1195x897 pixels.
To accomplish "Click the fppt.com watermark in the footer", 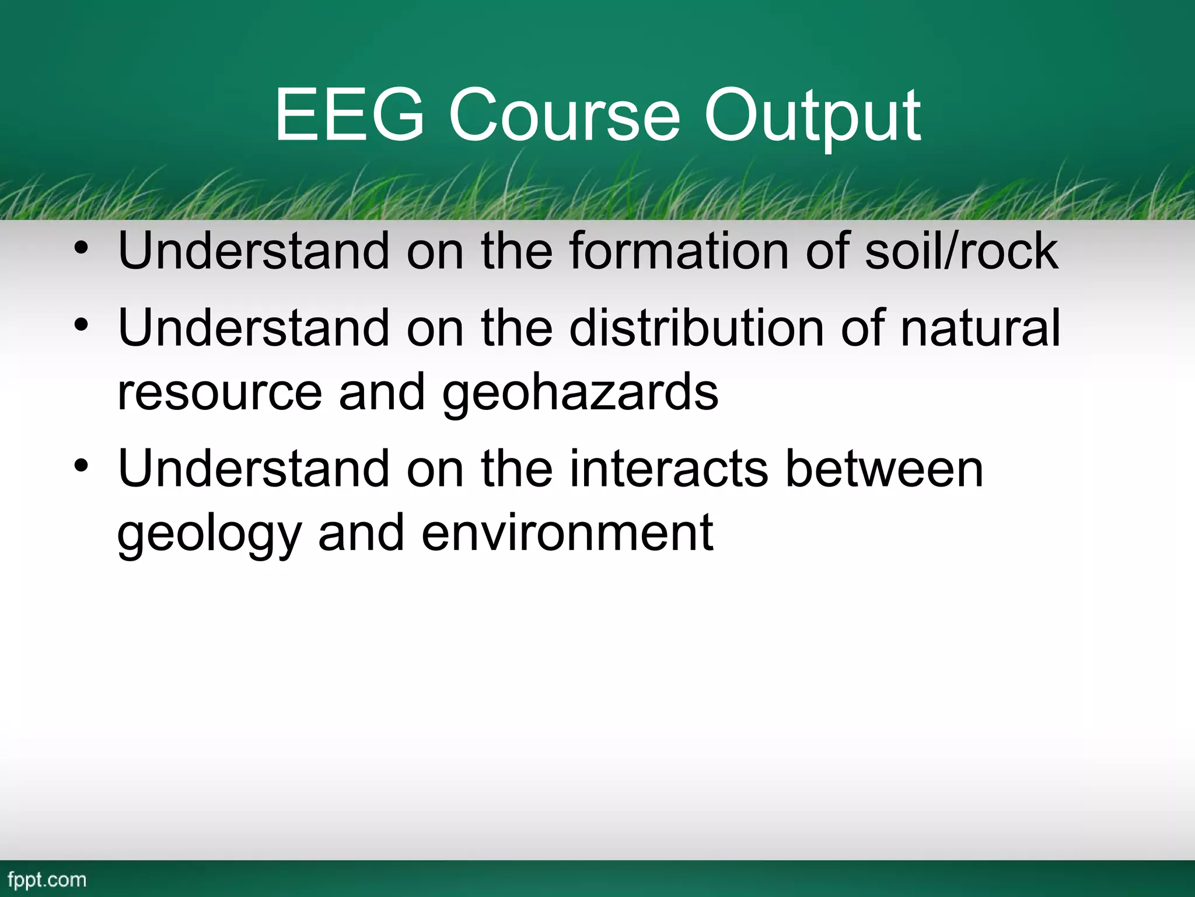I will click(x=47, y=879).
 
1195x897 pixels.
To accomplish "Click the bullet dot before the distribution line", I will click(x=81, y=325).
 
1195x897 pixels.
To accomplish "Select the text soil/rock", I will click(x=961, y=251).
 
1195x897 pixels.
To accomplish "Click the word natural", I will click(x=980, y=328).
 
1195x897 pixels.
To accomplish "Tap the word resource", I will click(x=219, y=392).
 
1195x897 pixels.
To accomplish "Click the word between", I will click(x=885, y=469).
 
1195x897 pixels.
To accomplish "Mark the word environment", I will click(x=567, y=533).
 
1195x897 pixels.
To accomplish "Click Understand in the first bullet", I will click(x=253, y=251).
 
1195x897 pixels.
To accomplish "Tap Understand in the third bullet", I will click(x=253, y=469).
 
